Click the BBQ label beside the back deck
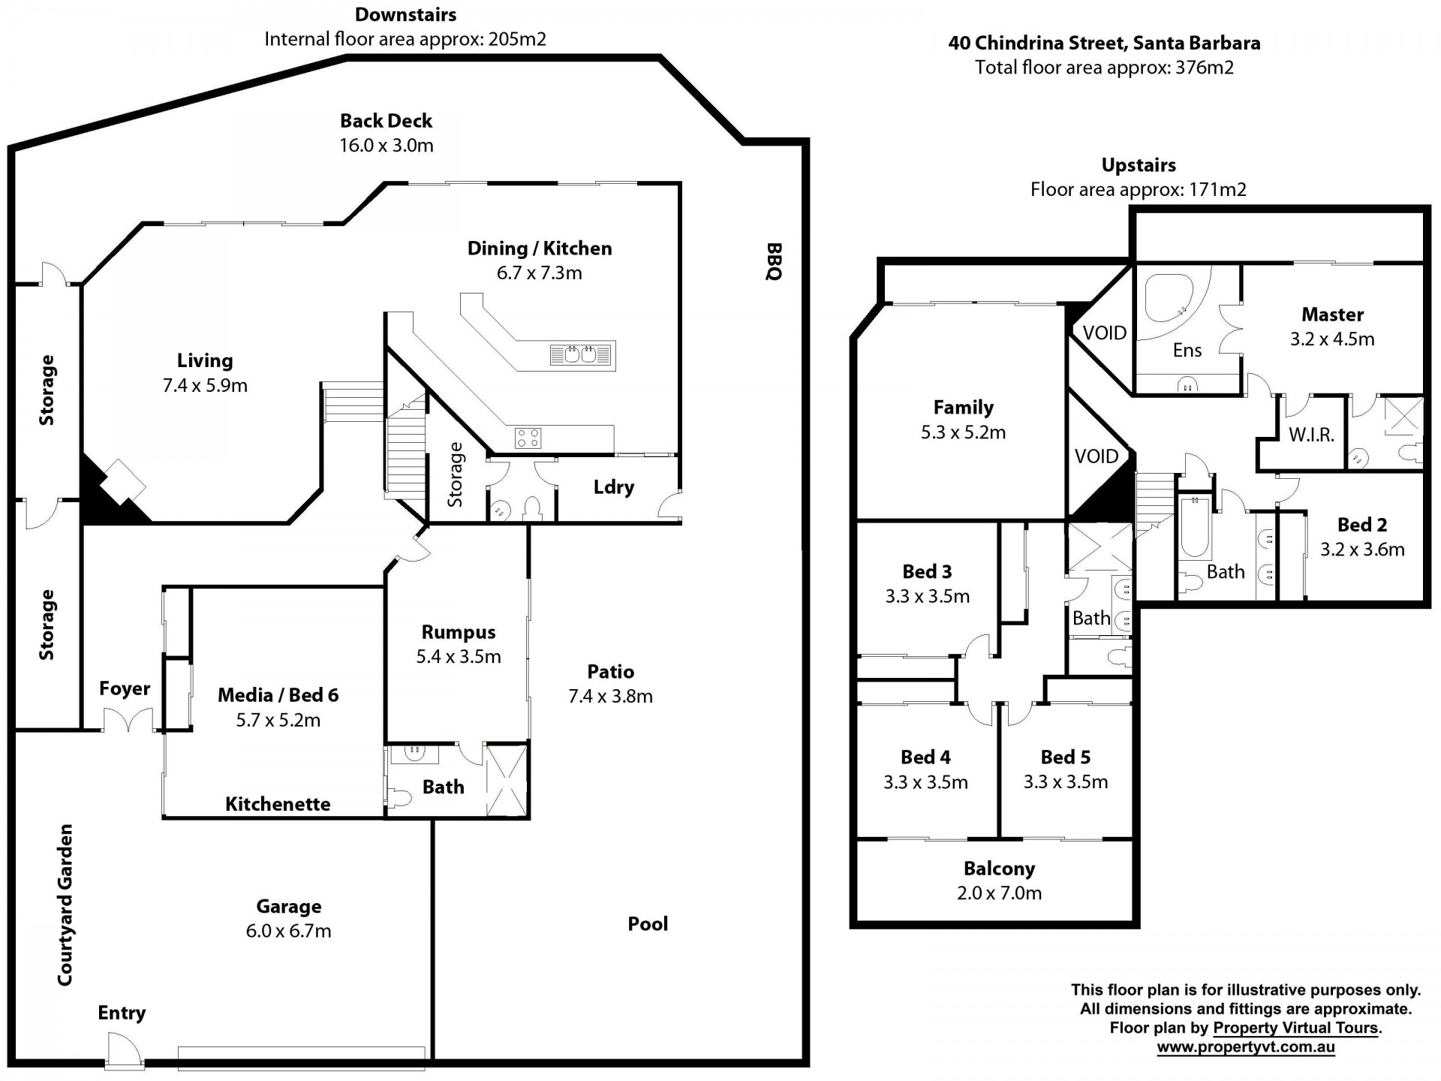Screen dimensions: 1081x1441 tap(774, 261)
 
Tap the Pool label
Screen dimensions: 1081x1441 tap(648, 923)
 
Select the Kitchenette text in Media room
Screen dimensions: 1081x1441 tap(278, 804)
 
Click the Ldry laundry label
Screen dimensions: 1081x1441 tap(613, 487)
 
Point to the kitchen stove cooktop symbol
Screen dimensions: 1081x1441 tap(528, 438)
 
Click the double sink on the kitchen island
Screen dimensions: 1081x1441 tap(582, 354)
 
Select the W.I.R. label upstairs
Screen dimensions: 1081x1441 tap(1311, 435)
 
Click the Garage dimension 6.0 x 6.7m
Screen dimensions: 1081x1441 tap(288, 931)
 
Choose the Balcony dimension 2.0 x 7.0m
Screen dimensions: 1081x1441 tap(999, 893)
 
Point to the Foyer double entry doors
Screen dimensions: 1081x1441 tap(129, 721)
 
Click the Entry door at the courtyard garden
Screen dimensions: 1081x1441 tap(124, 1049)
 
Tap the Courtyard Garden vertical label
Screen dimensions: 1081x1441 tap(65, 905)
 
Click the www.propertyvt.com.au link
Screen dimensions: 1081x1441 tap(1245, 1047)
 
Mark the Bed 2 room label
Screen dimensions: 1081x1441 tap(1362, 525)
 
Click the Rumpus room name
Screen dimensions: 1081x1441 tap(459, 632)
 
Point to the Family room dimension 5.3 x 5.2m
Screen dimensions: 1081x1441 tap(963, 432)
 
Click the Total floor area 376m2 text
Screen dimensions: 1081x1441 tap(1104, 68)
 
